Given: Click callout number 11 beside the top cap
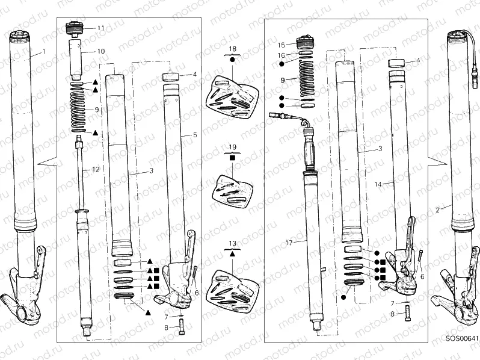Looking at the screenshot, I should click(x=100, y=28).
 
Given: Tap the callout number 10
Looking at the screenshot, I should click(x=100, y=51).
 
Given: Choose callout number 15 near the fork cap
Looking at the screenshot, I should click(x=281, y=45).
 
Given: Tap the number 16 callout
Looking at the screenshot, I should click(x=281, y=55).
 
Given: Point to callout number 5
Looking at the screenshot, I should click(x=194, y=135).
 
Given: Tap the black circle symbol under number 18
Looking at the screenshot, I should click(x=233, y=61).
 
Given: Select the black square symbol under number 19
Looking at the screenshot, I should click(x=233, y=157).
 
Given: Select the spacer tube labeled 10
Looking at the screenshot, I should click(x=77, y=60).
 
